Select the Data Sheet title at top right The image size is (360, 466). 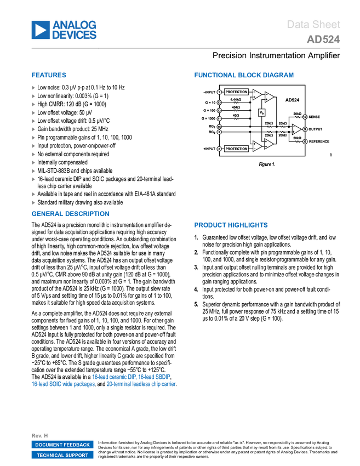(314, 25)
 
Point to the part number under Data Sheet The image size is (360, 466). (323, 39)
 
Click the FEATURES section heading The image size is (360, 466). (49, 76)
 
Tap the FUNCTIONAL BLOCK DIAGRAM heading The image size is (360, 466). (244, 75)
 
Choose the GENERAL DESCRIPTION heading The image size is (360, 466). (71, 214)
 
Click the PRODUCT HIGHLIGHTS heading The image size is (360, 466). (231, 225)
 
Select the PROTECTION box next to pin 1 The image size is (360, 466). (236, 92)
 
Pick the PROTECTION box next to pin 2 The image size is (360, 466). (236, 149)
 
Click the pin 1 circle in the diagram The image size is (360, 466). (219, 92)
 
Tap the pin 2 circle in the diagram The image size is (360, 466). (219, 149)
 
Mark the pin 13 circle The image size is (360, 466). (219, 103)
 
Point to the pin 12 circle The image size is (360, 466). (219, 111)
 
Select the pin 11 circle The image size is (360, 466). (219, 118)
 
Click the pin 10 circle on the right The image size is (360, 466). (305, 117)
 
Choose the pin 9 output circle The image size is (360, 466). (305, 129)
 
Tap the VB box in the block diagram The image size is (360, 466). (262, 112)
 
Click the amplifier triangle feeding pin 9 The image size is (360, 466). (296, 129)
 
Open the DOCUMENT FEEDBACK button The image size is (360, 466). (62, 445)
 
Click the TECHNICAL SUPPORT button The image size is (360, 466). (62, 455)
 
